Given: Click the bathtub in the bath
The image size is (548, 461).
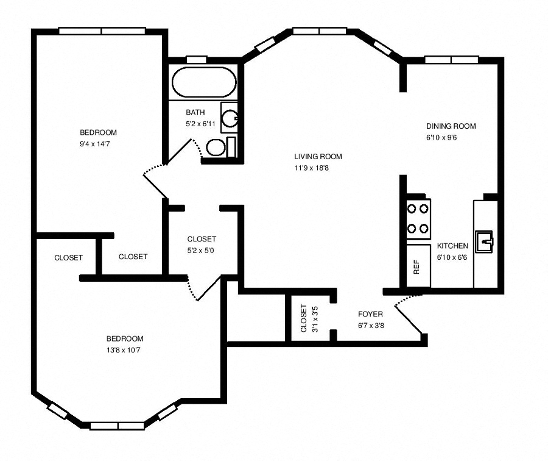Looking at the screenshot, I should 203,83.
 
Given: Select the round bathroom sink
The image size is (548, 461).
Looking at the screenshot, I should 230,118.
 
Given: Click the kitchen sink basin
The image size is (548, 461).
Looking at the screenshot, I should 485,241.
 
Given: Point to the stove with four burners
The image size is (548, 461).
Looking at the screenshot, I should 417,218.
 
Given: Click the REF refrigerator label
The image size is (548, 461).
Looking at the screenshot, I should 417,267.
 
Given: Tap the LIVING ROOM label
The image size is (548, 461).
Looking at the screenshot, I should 318,156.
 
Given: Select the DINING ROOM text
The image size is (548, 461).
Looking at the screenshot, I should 451,126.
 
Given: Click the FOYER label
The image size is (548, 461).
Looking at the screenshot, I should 370,314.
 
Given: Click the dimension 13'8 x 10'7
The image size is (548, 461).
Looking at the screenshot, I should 125,350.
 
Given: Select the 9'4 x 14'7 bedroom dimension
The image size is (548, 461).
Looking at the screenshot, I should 98,144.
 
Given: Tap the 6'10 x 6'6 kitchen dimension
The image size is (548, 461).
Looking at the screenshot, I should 452,257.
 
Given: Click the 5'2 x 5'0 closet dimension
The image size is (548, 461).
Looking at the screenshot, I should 201,251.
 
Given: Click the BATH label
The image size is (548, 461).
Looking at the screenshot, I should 195,112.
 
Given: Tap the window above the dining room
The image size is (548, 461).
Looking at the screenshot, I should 451,60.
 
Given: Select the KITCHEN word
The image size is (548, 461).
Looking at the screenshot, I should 452,246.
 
